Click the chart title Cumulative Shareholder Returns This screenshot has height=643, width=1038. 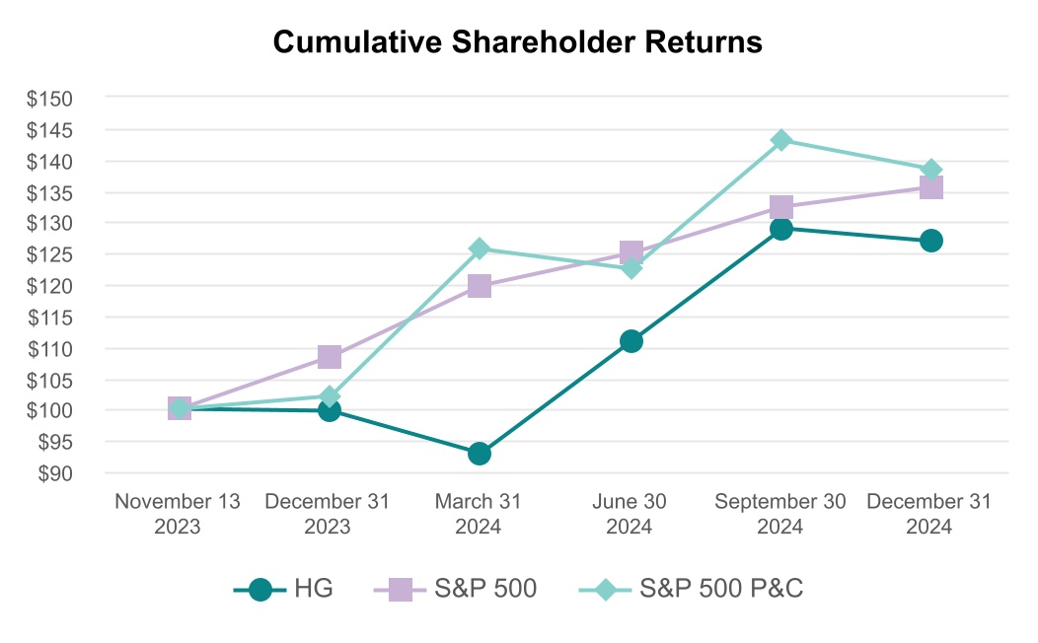518,41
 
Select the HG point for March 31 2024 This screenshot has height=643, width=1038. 480,454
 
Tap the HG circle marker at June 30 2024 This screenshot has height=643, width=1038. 630,341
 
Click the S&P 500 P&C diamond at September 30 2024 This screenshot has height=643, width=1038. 781,140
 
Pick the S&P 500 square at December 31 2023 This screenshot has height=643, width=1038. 329,357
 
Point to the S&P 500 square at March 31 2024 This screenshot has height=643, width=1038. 480,286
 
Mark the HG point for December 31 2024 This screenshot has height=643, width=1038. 930,241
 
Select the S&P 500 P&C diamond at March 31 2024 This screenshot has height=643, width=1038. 480,250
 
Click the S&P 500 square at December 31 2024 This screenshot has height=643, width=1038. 930,188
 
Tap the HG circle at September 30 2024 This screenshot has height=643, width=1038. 781,229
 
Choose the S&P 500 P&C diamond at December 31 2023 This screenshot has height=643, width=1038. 329,396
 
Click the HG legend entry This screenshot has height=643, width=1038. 283,588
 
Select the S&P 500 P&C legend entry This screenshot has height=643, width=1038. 691,588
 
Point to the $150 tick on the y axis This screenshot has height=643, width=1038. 49,99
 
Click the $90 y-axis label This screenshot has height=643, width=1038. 55,473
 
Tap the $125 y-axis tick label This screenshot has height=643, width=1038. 49,254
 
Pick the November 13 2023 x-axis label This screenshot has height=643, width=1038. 178,514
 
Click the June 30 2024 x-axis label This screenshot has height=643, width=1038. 630,514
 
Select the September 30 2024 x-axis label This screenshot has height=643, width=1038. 780,514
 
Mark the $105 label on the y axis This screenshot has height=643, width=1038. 49,381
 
